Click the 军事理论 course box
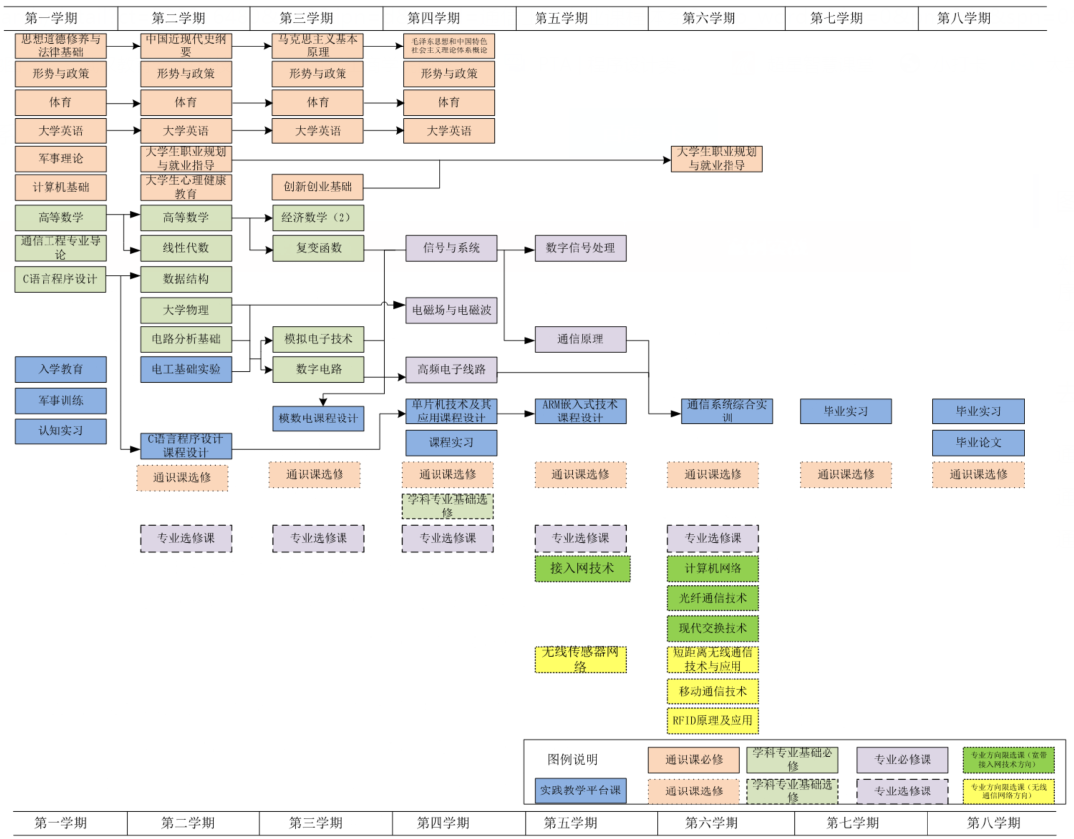[60, 158]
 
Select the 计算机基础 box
[60, 187]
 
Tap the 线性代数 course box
[186, 248]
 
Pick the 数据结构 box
[186, 279]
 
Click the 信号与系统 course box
[451, 248]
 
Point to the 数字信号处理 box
[580, 248]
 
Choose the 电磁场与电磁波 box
[451, 310]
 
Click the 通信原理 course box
[580, 339]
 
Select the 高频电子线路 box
[451, 370]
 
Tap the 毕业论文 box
[978, 442]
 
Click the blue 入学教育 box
[60, 369]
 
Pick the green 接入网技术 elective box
[582, 568]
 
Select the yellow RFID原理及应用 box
[713, 721]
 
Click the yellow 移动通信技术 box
[713, 691]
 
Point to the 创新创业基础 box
[319, 187]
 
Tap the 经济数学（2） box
[319, 218]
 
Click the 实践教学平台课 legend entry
[580, 791]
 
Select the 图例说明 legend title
[573, 760]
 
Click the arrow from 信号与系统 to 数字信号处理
[517, 248]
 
